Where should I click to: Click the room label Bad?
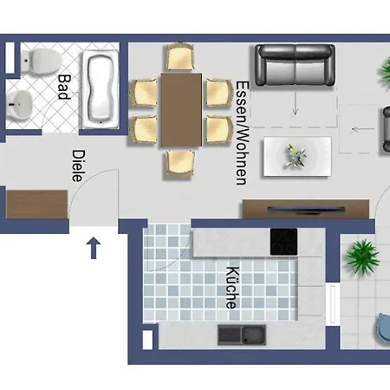pos(64,87)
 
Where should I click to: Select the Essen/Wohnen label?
pos(242,133)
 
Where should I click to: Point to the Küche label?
pos(232,288)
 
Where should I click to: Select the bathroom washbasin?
pos(19,105)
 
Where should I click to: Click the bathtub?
pos(101,89)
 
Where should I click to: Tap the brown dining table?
pos(181,109)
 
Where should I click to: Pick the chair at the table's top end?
pos(179,56)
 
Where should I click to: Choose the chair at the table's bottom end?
pos(179,163)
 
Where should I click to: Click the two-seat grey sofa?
pos(296,65)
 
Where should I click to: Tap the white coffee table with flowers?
pos(297,156)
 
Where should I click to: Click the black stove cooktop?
pos(283,242)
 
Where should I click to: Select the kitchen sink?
pos(242,335)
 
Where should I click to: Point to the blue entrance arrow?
pos(94,248)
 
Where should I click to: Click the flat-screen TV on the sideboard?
pos(306,210)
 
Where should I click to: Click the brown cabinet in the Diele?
pos(36,204)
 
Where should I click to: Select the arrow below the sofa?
pos(296,103)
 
